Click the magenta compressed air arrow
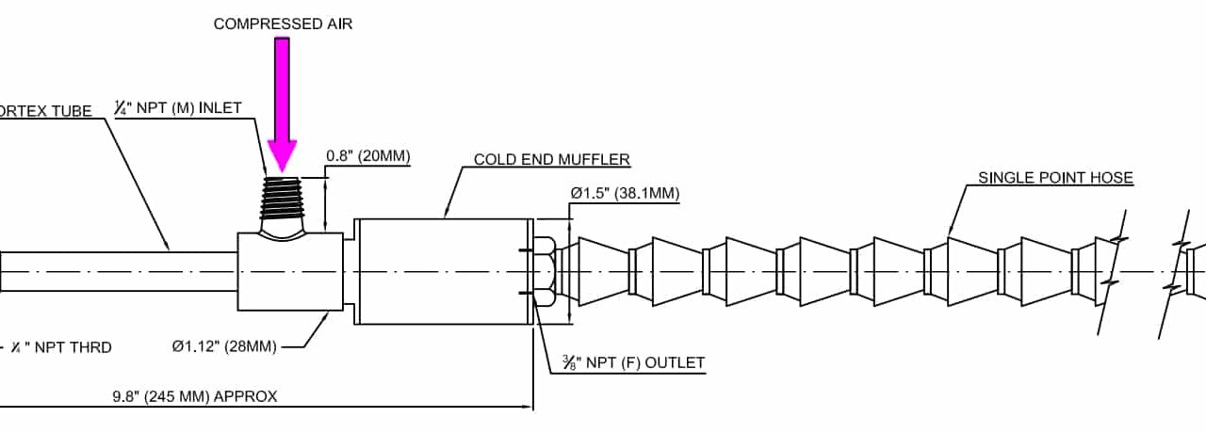point(282,104)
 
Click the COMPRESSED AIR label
point(283,24)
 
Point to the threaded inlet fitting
point(283,203)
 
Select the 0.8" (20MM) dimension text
point(368,155)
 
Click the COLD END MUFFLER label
point(551,159)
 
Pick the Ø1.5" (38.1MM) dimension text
point(624,193)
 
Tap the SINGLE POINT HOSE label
point(1055,177)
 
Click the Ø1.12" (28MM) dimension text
point(224,346)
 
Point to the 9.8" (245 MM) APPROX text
point(195,396)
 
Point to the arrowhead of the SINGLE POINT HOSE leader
point(950,232)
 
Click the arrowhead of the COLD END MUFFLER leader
point(446,216)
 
